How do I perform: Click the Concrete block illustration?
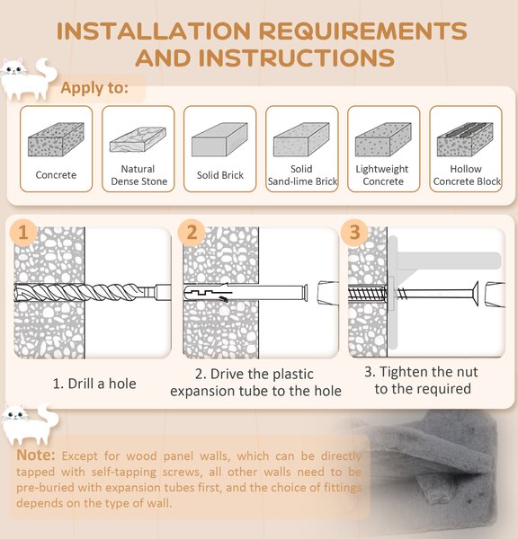pyautogui.click(x=56, y=139)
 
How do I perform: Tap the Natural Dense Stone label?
pyautogui.click(x=138, y=175)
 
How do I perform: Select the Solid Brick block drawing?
pyautogui.click(x=219, y=139)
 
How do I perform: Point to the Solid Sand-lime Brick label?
pyautogui.click(x=302, y=175)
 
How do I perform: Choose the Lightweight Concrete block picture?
pyautogui.click(x=383, y=139)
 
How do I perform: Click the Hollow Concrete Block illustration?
pyautogui.click(x=465, y=139)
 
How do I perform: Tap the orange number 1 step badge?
pyautogui.click(x=23, y=233)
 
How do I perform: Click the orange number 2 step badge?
pyautogui.click(x=192, y=233)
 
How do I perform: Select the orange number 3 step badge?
pyautogui.click(x=354, y=233)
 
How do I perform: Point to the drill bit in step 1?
pyautogui.click(x=93, y=293)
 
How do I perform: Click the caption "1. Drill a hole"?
pyautogui.click(x=94, y=384)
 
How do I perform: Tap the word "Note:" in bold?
pyautogui.click(x=35, y=455)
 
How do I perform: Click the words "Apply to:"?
pyautogui.click(x=94, y=88)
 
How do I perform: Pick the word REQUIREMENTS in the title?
pyautogui.click(x=362, y=31)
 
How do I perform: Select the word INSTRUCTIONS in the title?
pyautogui.click(x=297, y=57)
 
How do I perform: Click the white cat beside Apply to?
pyautogui.click(x=28, y=79)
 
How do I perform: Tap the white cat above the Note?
pyautogui.click(x=30, y=425)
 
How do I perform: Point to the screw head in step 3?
pyautogui.click(x=476, y=293)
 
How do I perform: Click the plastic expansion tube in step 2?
pyautogui.click(x=246, y=293)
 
